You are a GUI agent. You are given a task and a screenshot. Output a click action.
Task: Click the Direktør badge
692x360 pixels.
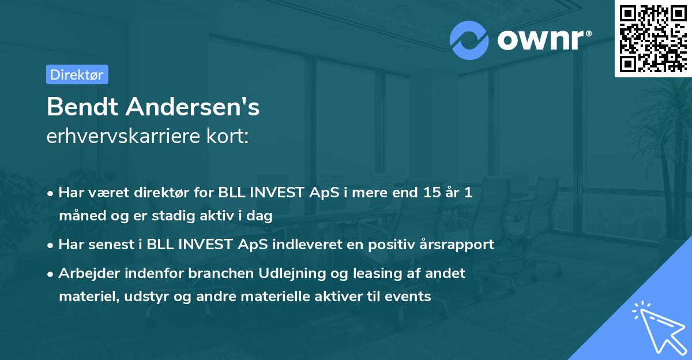77,74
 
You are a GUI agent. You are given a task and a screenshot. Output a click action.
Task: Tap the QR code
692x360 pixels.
653,38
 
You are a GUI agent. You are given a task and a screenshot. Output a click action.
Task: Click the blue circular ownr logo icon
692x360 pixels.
469,39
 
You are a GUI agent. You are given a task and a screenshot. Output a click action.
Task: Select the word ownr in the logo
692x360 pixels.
539,40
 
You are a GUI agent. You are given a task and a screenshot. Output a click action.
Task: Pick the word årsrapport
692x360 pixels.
457,244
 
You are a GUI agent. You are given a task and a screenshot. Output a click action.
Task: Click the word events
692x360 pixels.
410,297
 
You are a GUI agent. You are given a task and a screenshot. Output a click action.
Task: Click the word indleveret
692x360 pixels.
308,244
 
